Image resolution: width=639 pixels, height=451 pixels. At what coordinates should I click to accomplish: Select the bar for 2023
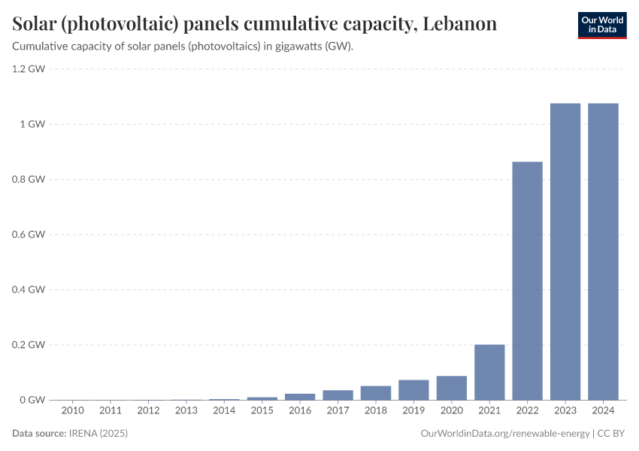pos(565,251)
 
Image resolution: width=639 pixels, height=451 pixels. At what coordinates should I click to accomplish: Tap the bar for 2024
pos(603,251)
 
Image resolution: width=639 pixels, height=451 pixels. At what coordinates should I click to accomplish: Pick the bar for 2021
pos(489,372)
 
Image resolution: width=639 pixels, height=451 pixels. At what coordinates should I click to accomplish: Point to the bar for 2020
pos(452,388)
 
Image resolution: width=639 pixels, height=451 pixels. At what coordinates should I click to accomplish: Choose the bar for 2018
pos(376,392)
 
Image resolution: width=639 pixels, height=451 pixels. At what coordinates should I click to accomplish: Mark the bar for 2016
pos(300,396)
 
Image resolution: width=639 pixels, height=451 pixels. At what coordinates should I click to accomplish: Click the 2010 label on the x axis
pos(73,411)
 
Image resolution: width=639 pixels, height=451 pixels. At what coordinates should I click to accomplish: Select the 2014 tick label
pos(224,411)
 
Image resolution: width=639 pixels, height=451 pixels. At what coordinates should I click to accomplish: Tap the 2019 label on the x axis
pos(413,411)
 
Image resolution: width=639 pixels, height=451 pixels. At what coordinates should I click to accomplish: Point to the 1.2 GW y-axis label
pos(29,69)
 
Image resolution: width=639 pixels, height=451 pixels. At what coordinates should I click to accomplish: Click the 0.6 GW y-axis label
pos(29,235)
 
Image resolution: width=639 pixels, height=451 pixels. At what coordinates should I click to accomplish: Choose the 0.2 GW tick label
pos(29,345)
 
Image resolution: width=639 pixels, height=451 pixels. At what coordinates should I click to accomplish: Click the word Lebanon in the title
pos(459,24)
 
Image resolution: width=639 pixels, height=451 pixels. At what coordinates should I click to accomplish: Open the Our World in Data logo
pos(601,25)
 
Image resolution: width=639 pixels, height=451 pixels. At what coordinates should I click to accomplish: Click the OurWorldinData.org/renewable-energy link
pos(504,434)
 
